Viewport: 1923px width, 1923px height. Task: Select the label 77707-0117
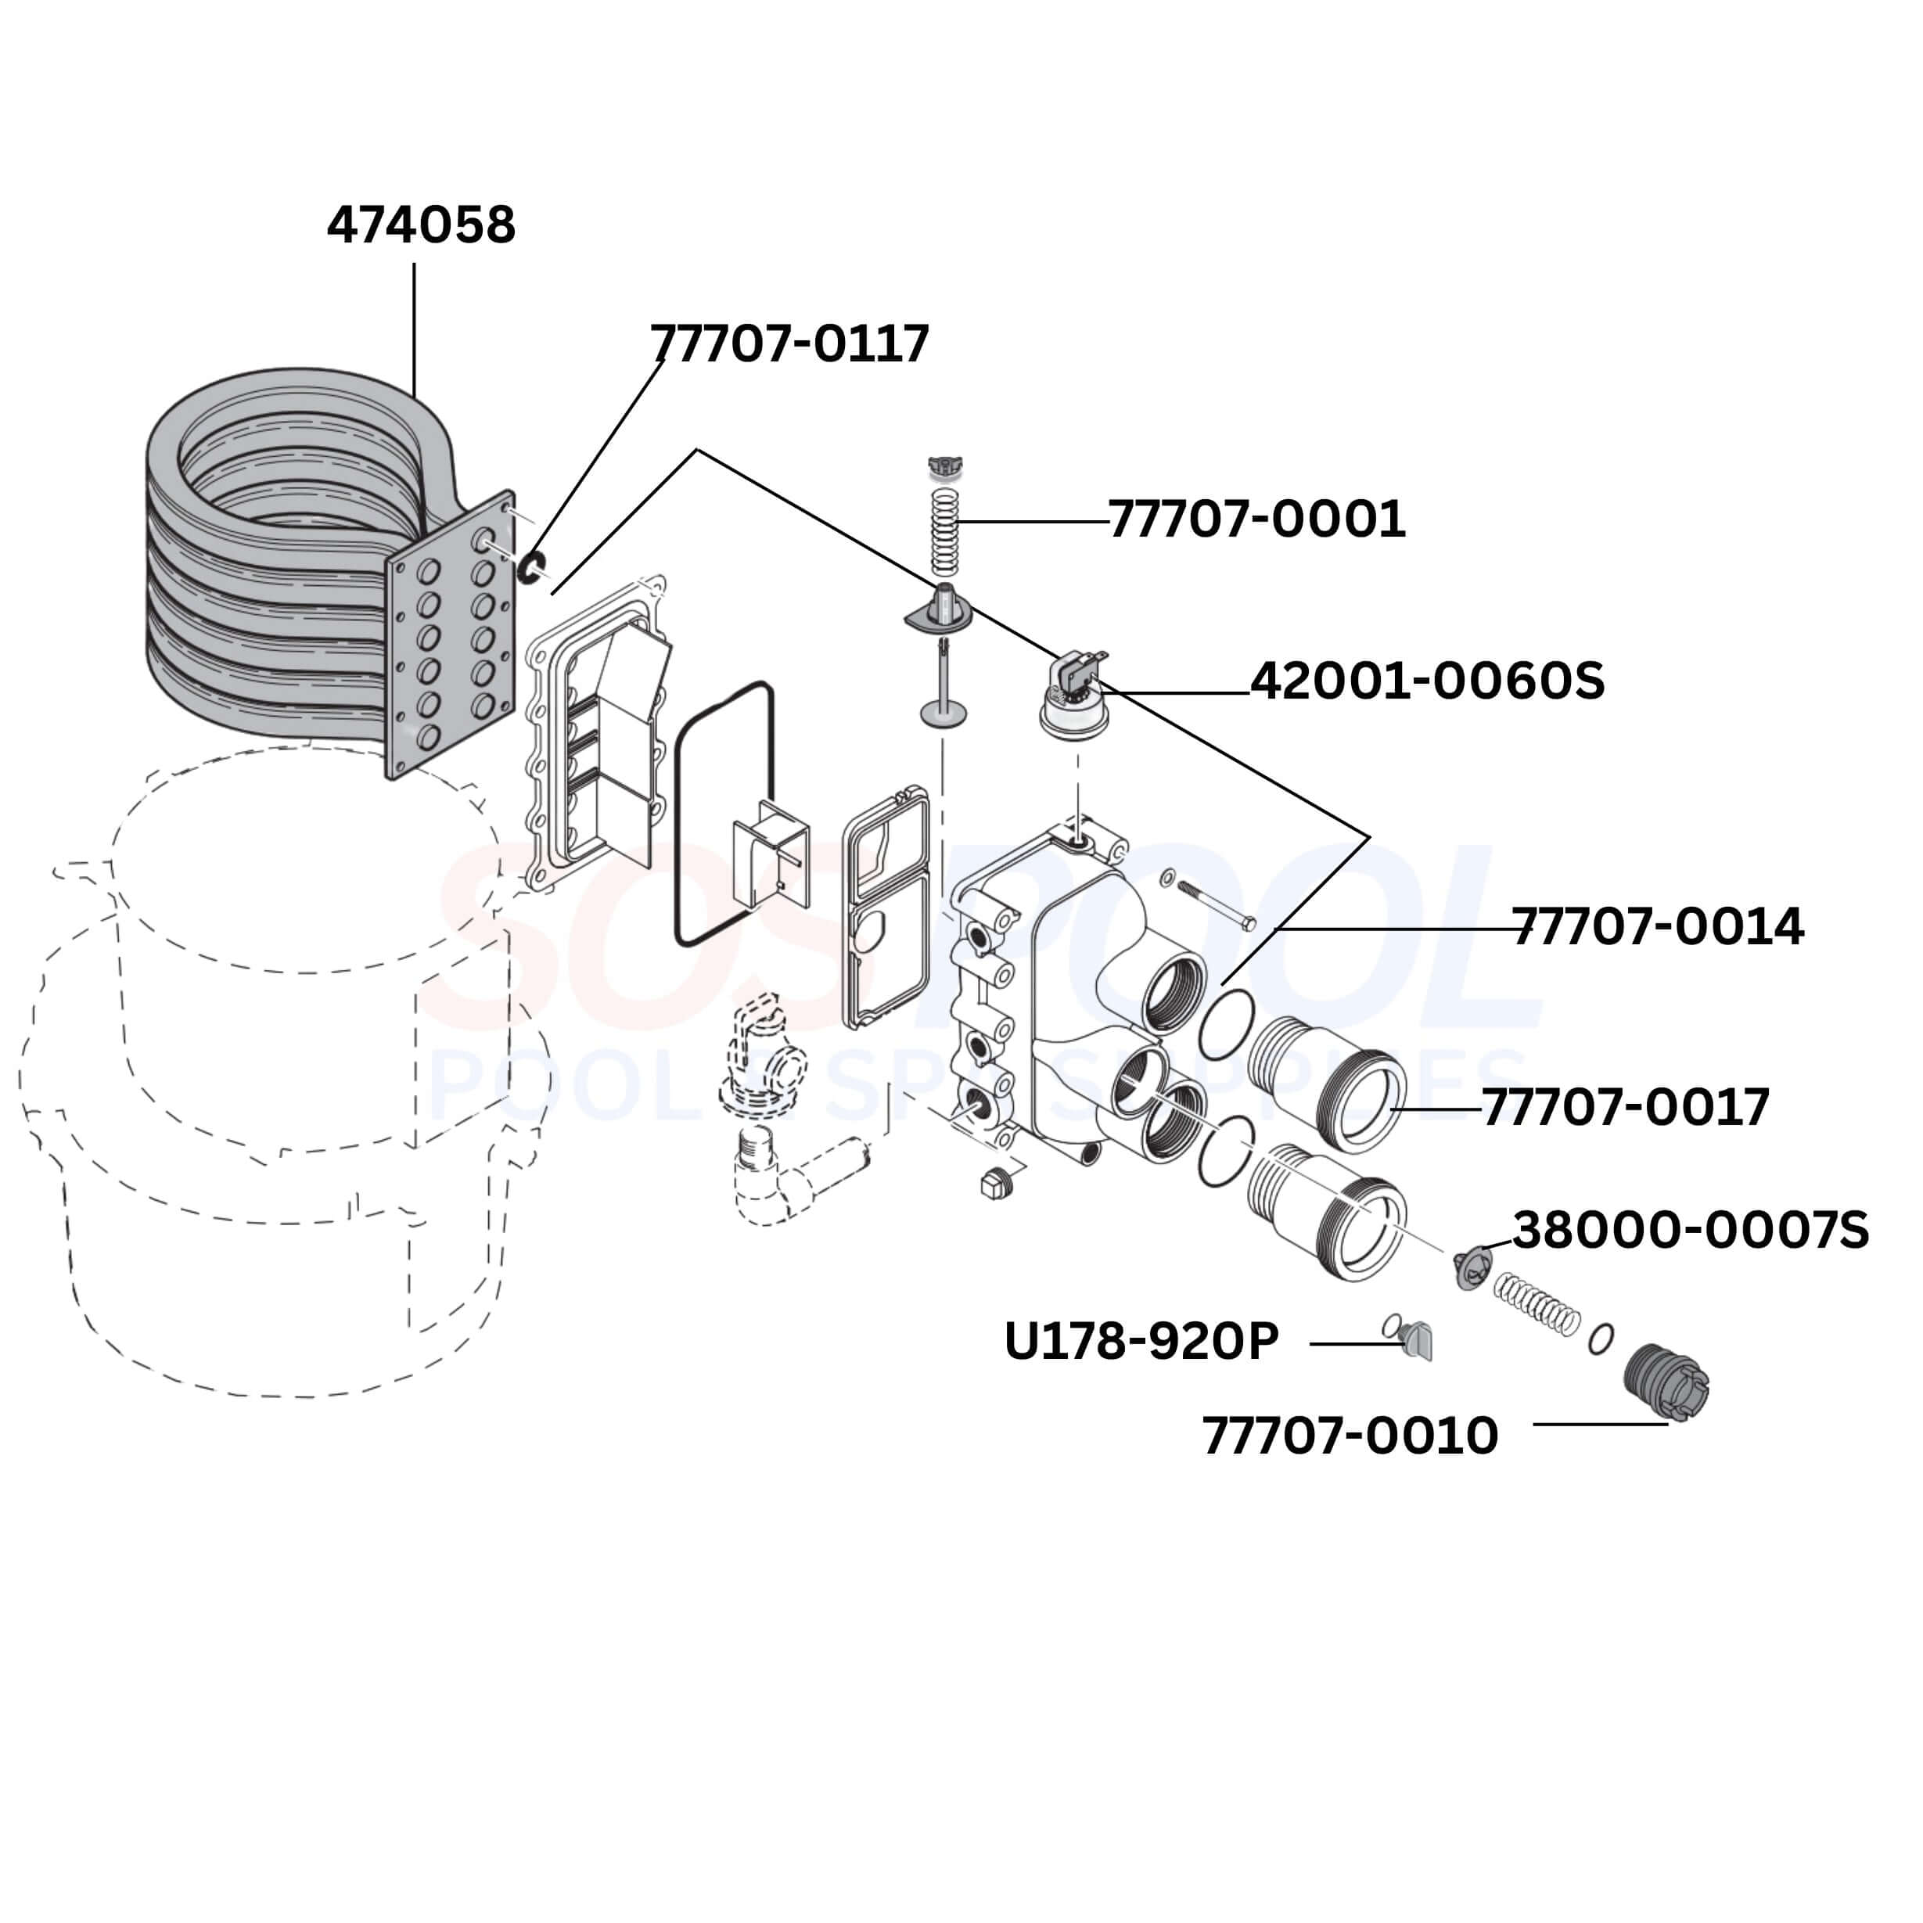[789, 343]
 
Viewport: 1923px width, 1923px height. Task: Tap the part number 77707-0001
[1256, 519]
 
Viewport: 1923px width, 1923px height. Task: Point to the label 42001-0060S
[1427, 681]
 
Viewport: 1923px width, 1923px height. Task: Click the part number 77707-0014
[1657, 926]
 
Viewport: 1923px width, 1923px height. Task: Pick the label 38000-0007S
[1690, 1231]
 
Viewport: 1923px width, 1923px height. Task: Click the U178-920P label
[1141, 1342]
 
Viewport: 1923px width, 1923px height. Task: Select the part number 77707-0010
[1350, 1436]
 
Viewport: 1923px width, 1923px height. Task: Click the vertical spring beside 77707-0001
[944, 531]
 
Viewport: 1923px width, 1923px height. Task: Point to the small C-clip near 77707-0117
[531, 567]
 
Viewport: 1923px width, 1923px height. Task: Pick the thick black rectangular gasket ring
[724, 813]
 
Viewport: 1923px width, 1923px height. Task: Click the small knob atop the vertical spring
[940, 465]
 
